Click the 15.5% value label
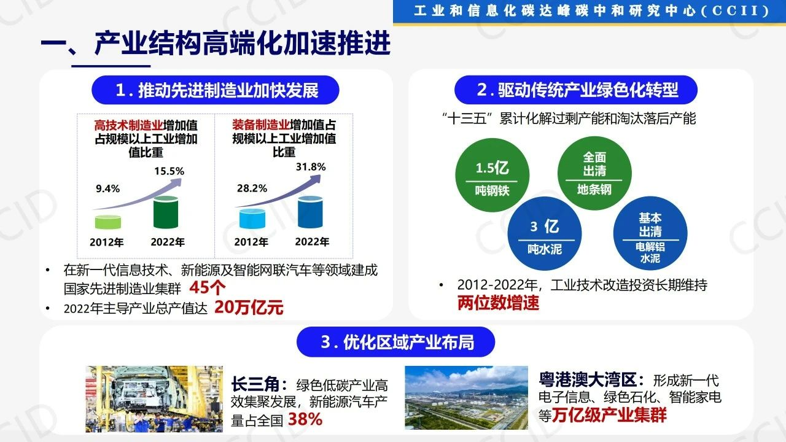[169, 171]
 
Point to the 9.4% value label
[107, 188]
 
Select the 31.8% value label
[311, 166]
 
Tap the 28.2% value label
[252, 188]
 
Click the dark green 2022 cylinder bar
[166, 212]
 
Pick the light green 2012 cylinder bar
[108, 222]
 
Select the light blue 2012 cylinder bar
[252, 219]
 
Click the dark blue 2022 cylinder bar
[310, 212]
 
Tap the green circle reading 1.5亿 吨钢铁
[492, 175]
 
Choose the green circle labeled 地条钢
[594, 173]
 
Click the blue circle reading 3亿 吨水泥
[545, 234]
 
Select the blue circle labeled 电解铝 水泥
[650, 233]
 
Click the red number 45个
[208, 288]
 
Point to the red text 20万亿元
[249, 308]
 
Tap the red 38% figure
[305, 419]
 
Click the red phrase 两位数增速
[498, 303]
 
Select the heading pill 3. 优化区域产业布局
[396, 342]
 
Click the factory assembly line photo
[154, 399]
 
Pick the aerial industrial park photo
[466, 398]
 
